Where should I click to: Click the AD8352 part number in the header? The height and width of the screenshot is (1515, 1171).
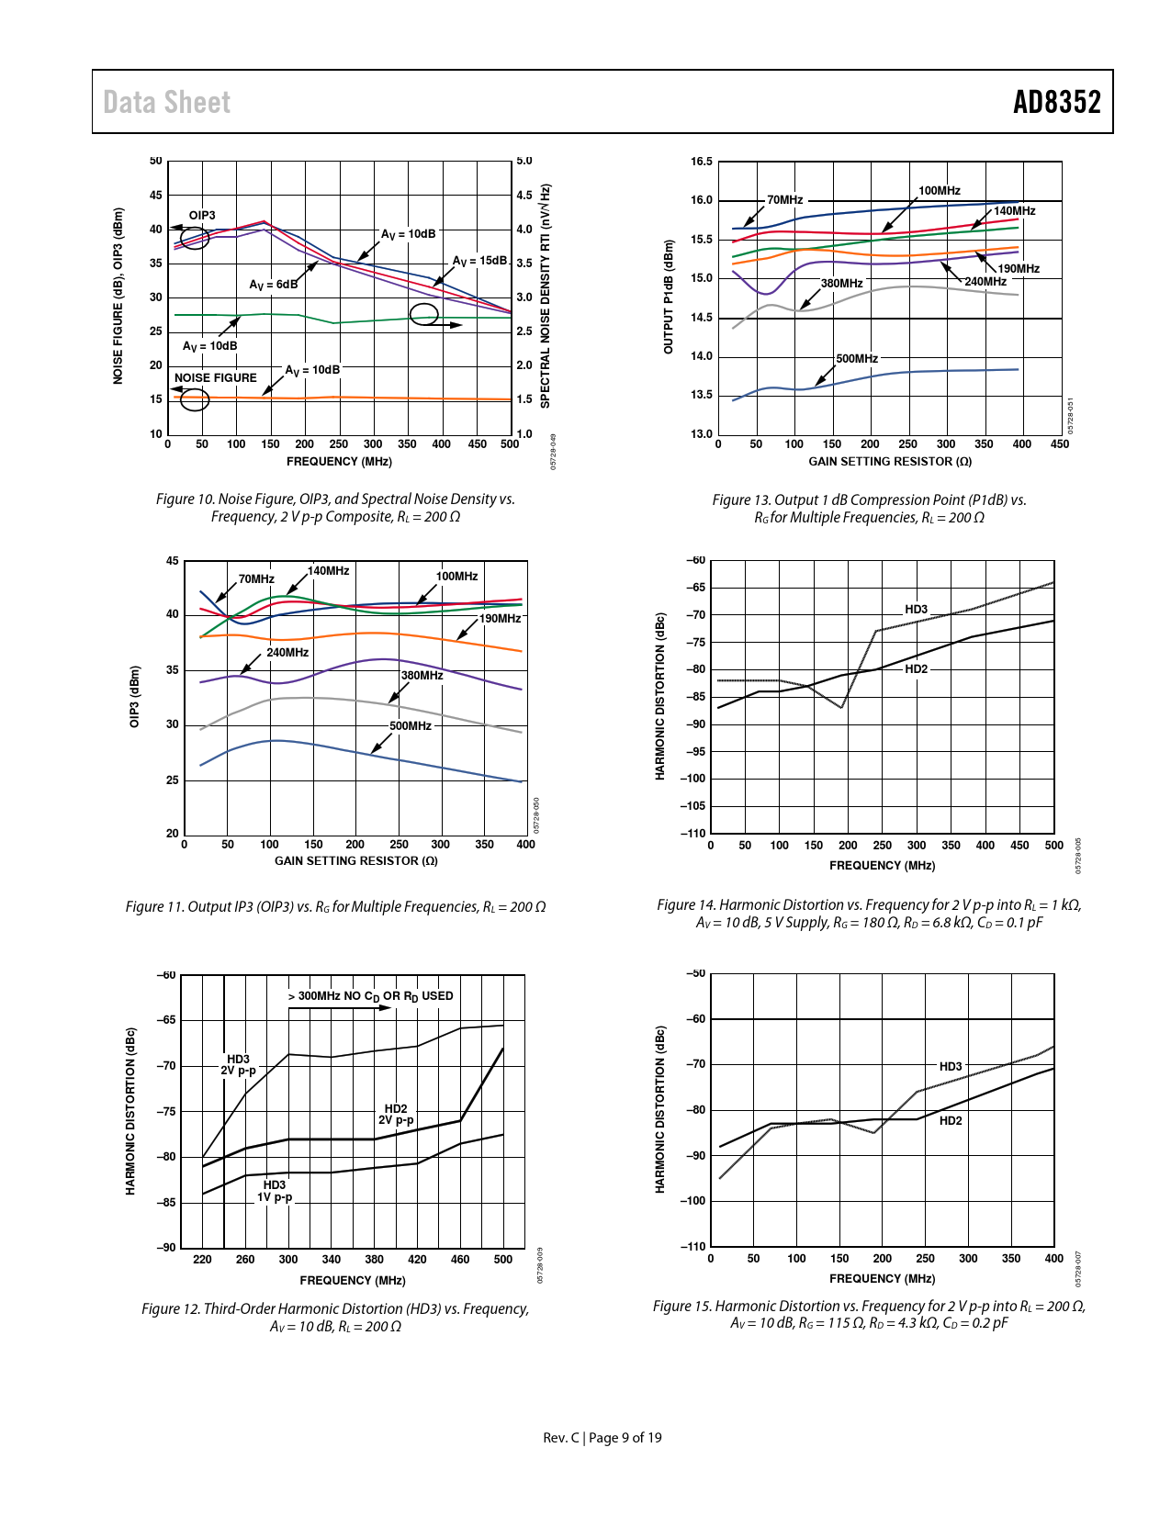tap(1056, 102)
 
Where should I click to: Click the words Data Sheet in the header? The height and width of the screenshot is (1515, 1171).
tap(166, 102)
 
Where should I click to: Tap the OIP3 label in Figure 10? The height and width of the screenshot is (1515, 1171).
tap(202, 216)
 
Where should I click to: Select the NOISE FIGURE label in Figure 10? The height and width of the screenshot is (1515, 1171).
tap(216, 377)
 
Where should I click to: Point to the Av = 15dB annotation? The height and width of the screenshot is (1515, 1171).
tap(479, 261)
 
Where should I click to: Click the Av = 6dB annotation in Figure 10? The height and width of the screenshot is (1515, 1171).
tap(273, 285)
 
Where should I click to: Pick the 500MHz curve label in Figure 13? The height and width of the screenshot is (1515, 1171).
tap(857, 358)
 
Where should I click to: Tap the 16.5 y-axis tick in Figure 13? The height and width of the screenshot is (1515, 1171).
tap(702, 162)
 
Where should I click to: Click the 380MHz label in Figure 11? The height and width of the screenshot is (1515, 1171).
tap(422, 675)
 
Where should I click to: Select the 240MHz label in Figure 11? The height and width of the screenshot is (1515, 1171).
tap(287, 652)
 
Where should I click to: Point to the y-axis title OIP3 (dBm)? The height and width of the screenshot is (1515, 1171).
tap(135, 697)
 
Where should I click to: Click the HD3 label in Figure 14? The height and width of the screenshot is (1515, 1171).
tap(916, 609)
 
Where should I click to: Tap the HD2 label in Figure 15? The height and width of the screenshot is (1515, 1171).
tap(951, 1120)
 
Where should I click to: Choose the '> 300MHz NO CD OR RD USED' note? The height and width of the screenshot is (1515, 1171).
tap(370, 996)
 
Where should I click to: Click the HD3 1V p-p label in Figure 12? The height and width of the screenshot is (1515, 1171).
tap(275, 1191)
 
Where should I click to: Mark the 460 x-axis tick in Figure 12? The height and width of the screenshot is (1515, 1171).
tap(460, 1260)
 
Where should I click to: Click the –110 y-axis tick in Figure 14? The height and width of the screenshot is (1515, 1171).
tap(693, 833)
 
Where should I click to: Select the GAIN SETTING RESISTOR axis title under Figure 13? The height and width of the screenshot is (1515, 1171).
tap(889, 461)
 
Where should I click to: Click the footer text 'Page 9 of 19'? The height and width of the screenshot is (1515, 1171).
tap(625, 1438)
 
